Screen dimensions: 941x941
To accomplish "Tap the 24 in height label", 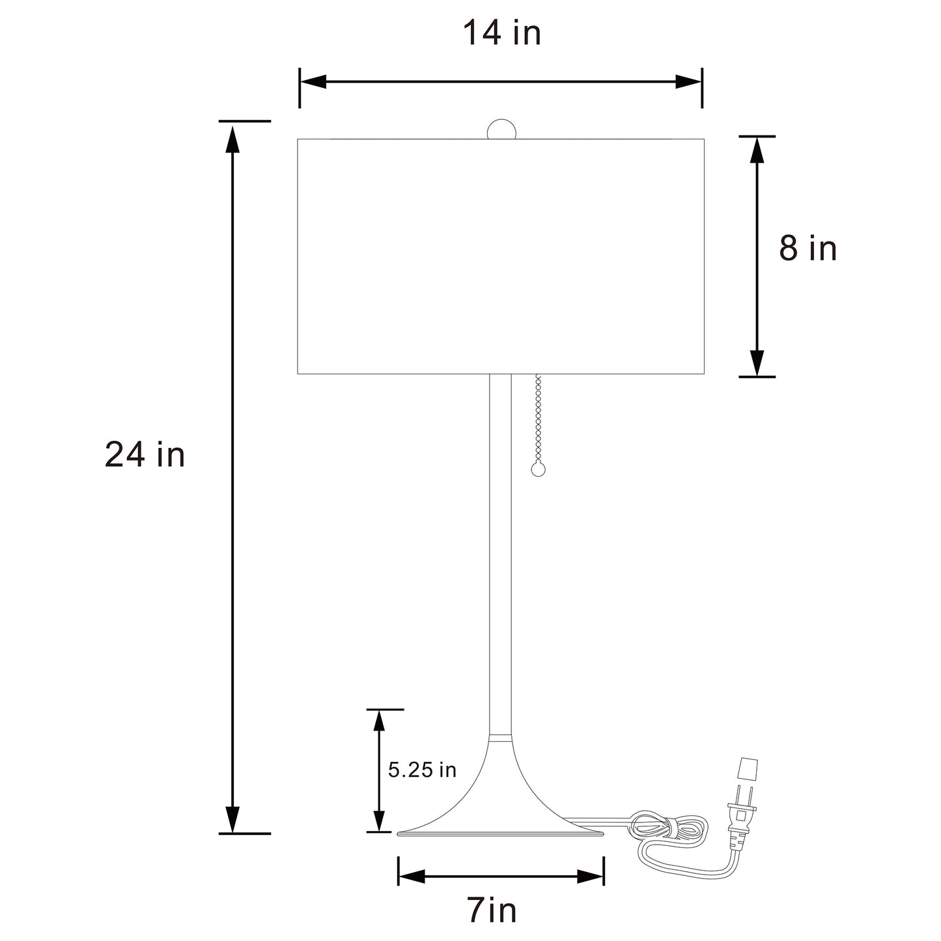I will click(x=145, y=455).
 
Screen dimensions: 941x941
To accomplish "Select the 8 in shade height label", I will click(x=808, y=249).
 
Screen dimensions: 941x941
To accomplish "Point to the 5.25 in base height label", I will click(x=422, y=770).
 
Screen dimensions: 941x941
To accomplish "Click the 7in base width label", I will click(x=492, y=910).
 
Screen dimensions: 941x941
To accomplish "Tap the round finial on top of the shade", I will click(x=501, y=129).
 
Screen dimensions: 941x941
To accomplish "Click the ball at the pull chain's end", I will click(x=538, y=469).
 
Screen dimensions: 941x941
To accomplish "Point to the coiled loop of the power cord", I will click(x=667, y=827).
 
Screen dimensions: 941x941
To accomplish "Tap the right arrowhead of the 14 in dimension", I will click(x=688, y=82).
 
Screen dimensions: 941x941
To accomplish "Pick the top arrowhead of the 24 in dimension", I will click(x=232, y=138).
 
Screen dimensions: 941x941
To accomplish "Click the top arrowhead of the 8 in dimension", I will click(x=757, y=151).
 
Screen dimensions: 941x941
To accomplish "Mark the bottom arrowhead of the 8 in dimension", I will click(x=757, y=362).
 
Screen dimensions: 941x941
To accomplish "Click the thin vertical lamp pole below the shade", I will click(x=500, y=554).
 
